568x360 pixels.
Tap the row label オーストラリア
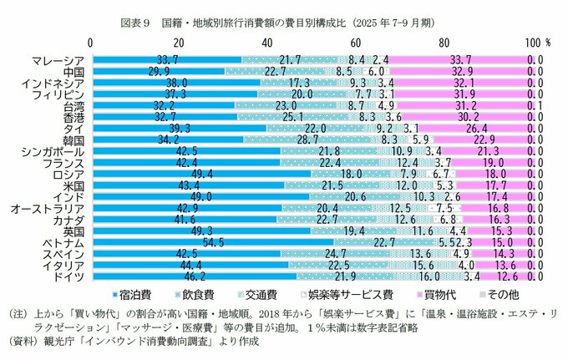(x=46, y=207)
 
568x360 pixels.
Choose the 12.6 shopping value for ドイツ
(x=508, y=275)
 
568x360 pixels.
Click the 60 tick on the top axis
(x=358, y=41)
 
